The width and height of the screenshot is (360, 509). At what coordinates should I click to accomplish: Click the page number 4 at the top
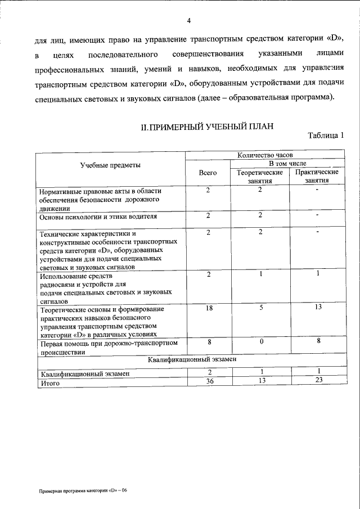point(189,21)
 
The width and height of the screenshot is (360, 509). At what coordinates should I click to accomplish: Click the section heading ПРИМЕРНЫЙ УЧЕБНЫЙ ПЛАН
point(207,127)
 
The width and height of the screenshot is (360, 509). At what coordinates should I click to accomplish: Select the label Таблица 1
point(326,136)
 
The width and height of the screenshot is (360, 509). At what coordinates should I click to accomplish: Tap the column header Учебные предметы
point(110,165)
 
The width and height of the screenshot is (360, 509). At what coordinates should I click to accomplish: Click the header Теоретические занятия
point(260,177)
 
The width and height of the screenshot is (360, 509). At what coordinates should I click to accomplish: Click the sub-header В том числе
point(287,163)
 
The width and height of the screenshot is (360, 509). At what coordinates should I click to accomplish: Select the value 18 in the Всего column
point(208,308)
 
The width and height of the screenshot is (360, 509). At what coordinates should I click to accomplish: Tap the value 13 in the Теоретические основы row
point(317,308)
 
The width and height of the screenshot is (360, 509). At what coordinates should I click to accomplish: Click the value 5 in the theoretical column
point(261,308)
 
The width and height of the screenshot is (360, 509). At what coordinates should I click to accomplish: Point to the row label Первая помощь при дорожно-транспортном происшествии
point(108,347)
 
